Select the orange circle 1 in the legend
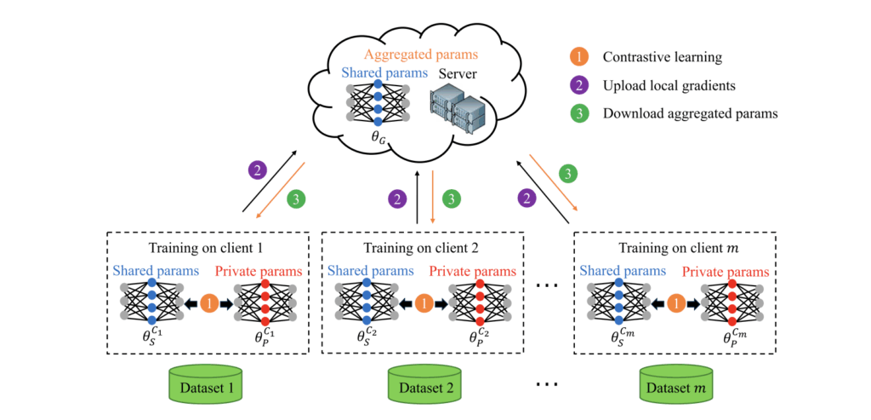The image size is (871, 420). [578, 58]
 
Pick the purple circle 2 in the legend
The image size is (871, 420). [578, 85]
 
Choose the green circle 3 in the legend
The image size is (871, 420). [578, 113]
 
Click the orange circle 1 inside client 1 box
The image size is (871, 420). [209, 302]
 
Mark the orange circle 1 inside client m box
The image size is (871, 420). [676, 302]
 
